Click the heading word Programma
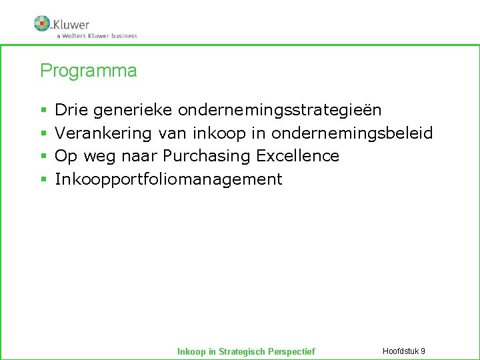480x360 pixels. pyautogui.click(x=89, y=71)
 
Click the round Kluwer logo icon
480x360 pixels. pyautogui.click(x=43, y=23)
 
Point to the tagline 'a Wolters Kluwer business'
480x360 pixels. pyautogui.click(x=97, y=36)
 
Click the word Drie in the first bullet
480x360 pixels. pyautogui.click(x=71, y=109)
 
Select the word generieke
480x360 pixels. pyautogui.click(x=133, y=109)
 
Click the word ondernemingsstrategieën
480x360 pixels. pyautogui.click(x=280, y=109)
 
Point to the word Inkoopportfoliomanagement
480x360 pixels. pyautogui.click(x=169, y=179)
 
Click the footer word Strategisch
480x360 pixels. pyautogui.click(x=242, y=351)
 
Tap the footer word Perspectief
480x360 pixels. pyautogui.click(x=291, y=351)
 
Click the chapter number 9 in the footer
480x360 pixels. pyautogui.click(x=423, y=351)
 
